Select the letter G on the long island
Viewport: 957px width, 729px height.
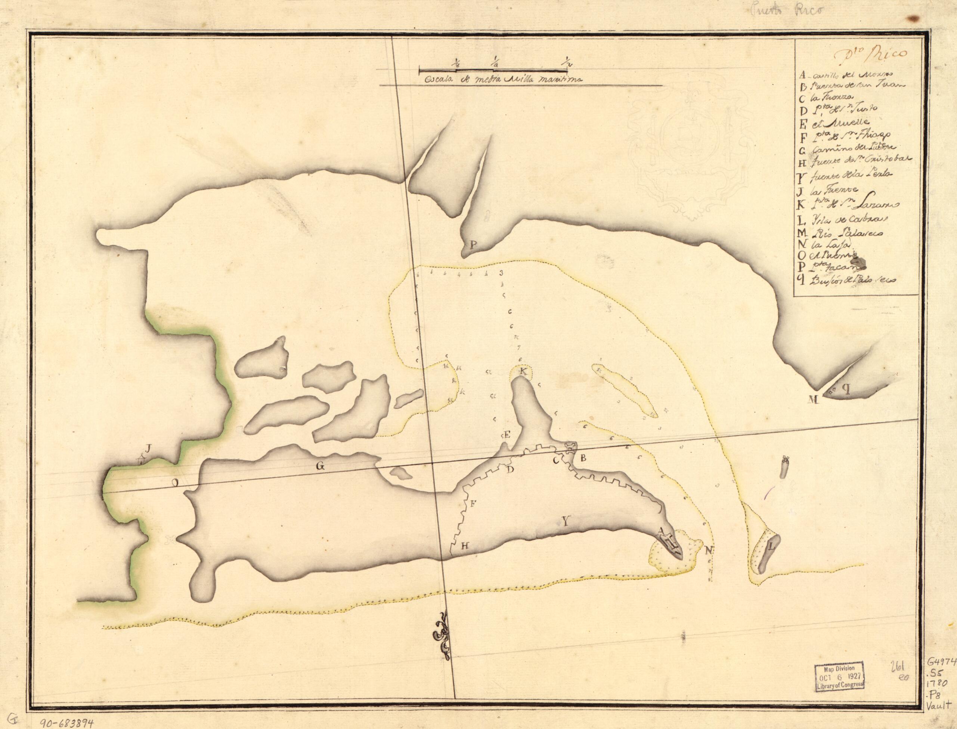pos(320,466)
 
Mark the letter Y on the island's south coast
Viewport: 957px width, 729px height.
pos(565,522)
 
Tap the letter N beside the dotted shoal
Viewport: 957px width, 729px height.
pos(709,551)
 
